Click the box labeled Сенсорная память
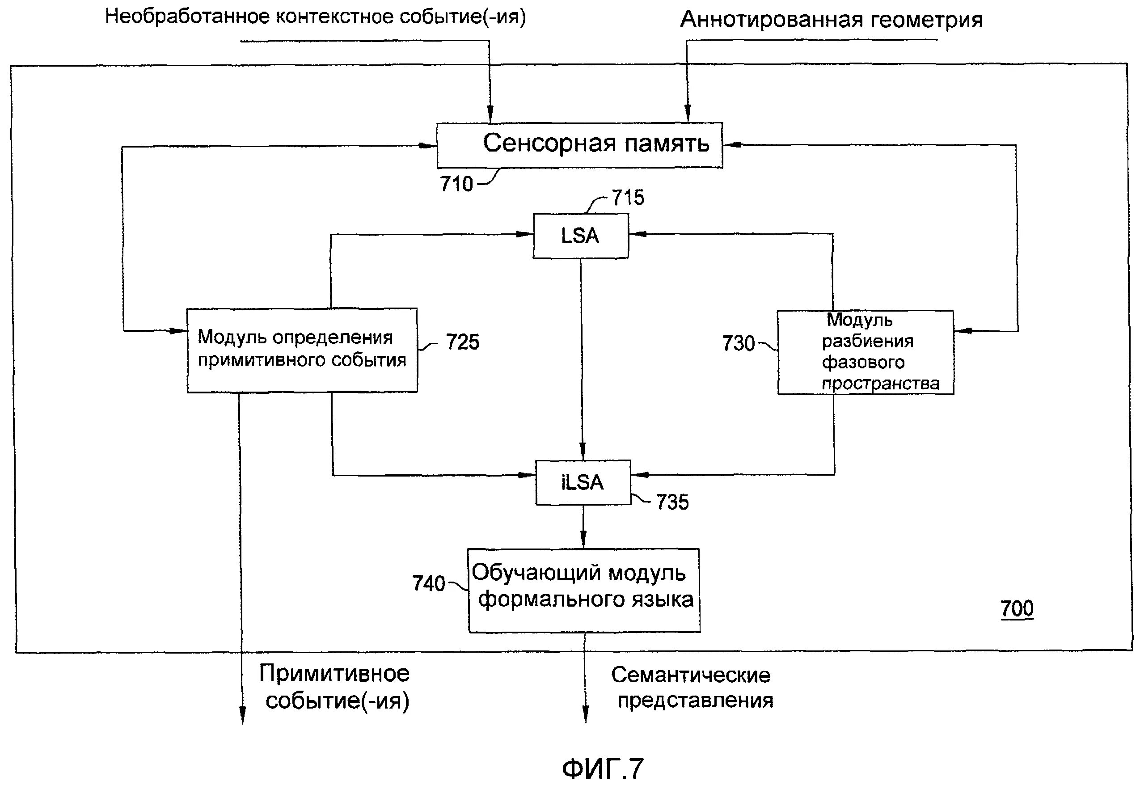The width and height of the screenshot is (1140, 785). click(x=579, y=145)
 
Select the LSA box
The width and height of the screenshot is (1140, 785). click(x=580, y=236)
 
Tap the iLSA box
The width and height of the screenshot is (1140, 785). click(x=583, y=482)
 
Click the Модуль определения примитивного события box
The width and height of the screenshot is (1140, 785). click(x=302, y=350)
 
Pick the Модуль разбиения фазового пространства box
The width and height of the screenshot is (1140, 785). click(x=865, y=352)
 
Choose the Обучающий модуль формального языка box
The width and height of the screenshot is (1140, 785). click(x=584, y=590)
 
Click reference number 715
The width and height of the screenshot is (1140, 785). click(x=628, y=198)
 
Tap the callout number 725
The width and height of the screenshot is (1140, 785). click(x=462, y=342)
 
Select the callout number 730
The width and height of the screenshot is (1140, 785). click(x=738, y=343)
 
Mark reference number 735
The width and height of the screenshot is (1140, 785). click(x=672, y=502)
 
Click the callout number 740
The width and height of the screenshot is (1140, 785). click(x=428, y=583)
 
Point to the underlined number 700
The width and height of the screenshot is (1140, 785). click(x=1017, y=608)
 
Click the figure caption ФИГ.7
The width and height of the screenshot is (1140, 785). click(x=602, y=768)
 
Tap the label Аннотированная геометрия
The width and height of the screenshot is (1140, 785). click(x=831, y=20)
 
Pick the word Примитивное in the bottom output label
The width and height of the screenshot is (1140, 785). click(x=334, y=673)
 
